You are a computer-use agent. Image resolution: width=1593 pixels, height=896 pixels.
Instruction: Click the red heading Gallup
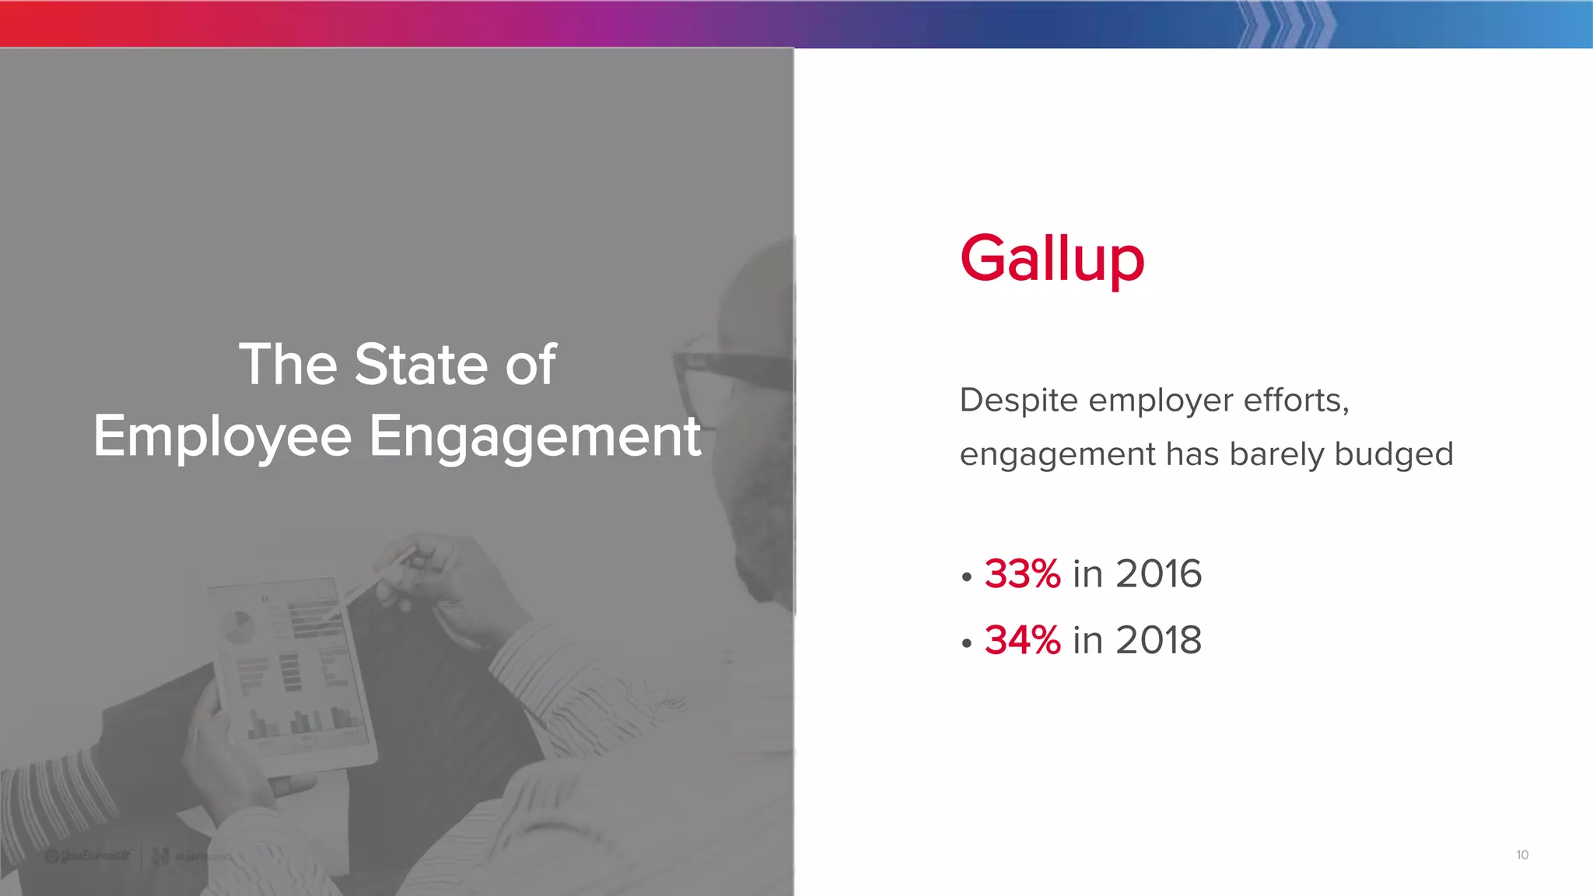pos(1052,259)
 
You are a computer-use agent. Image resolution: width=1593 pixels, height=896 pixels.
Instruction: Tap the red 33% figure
pos(1022,574)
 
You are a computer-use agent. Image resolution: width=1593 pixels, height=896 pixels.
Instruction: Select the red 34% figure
pos(1022,640)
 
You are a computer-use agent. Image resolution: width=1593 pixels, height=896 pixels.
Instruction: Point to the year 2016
pos(1159,574)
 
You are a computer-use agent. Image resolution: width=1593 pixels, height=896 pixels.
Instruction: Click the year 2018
pos(1159,640)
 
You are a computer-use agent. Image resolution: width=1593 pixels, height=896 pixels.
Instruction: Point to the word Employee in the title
pos(222,436)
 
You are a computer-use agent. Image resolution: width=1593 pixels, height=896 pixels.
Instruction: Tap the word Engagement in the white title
pos(534,436)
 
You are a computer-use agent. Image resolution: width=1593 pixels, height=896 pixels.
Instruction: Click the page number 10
pos(1522,855)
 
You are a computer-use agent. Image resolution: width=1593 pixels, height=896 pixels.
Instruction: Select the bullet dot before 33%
pos(967,577)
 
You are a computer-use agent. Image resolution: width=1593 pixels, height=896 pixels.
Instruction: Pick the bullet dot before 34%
pos(967,643)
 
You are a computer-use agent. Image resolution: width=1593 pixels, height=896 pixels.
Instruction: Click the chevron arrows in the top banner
pos(1285,24)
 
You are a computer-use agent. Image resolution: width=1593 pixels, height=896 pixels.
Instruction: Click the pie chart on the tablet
pos(238,627)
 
